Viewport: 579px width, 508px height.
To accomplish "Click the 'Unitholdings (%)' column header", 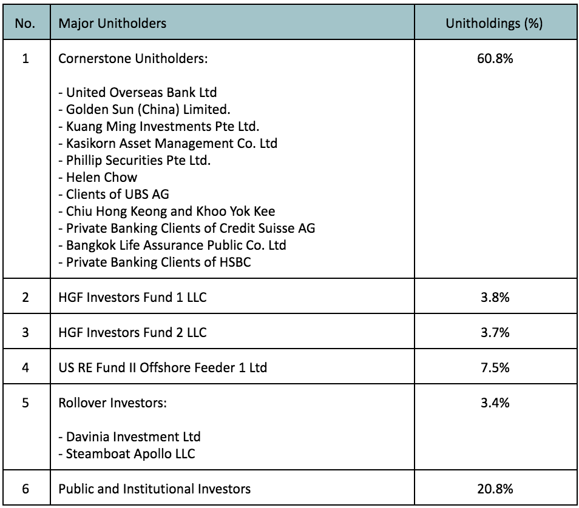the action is [494, 24].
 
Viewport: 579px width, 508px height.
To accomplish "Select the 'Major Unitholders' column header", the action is [112, 23].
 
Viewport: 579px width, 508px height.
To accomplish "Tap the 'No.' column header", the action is [25, 23].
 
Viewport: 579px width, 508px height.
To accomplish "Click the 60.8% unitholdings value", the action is [495, 58].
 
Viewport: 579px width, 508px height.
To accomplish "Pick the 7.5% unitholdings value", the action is [495, 367].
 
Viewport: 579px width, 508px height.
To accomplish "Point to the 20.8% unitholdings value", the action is [495, 489].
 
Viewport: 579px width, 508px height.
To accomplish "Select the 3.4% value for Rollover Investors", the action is [495, 403].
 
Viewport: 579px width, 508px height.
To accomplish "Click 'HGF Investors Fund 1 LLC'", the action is [132, 297].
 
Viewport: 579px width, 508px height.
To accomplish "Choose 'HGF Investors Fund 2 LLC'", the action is [132, 332].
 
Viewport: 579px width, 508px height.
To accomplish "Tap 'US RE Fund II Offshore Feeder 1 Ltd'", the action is [163, 367].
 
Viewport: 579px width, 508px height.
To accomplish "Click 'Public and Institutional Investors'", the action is [154, 489].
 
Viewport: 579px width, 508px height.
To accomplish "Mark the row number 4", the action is [25, 367].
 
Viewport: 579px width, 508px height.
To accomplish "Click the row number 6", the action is [25, 489].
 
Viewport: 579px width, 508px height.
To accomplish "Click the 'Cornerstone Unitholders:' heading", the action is [133, 58].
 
